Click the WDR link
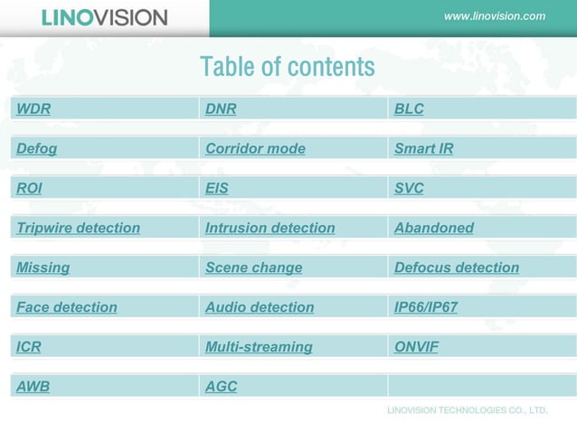(33, 109)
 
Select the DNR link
(221, 109)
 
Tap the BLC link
(409, 109)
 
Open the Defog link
(36, 149)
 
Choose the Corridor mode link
(255, 149)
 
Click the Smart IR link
(423, 149)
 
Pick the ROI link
(29, 189)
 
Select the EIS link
(217, 189)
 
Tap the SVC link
(409, 189)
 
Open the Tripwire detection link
(78, 229)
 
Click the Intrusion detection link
(270, 229)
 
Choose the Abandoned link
(433, 229)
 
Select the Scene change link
(253, 268)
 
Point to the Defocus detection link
(457, 268)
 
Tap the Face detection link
(67, 308)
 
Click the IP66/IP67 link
(426, 308)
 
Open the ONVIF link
(416, 347)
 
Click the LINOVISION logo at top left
(104, 18)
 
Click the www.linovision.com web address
(495, 16)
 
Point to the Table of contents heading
(287, 67)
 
